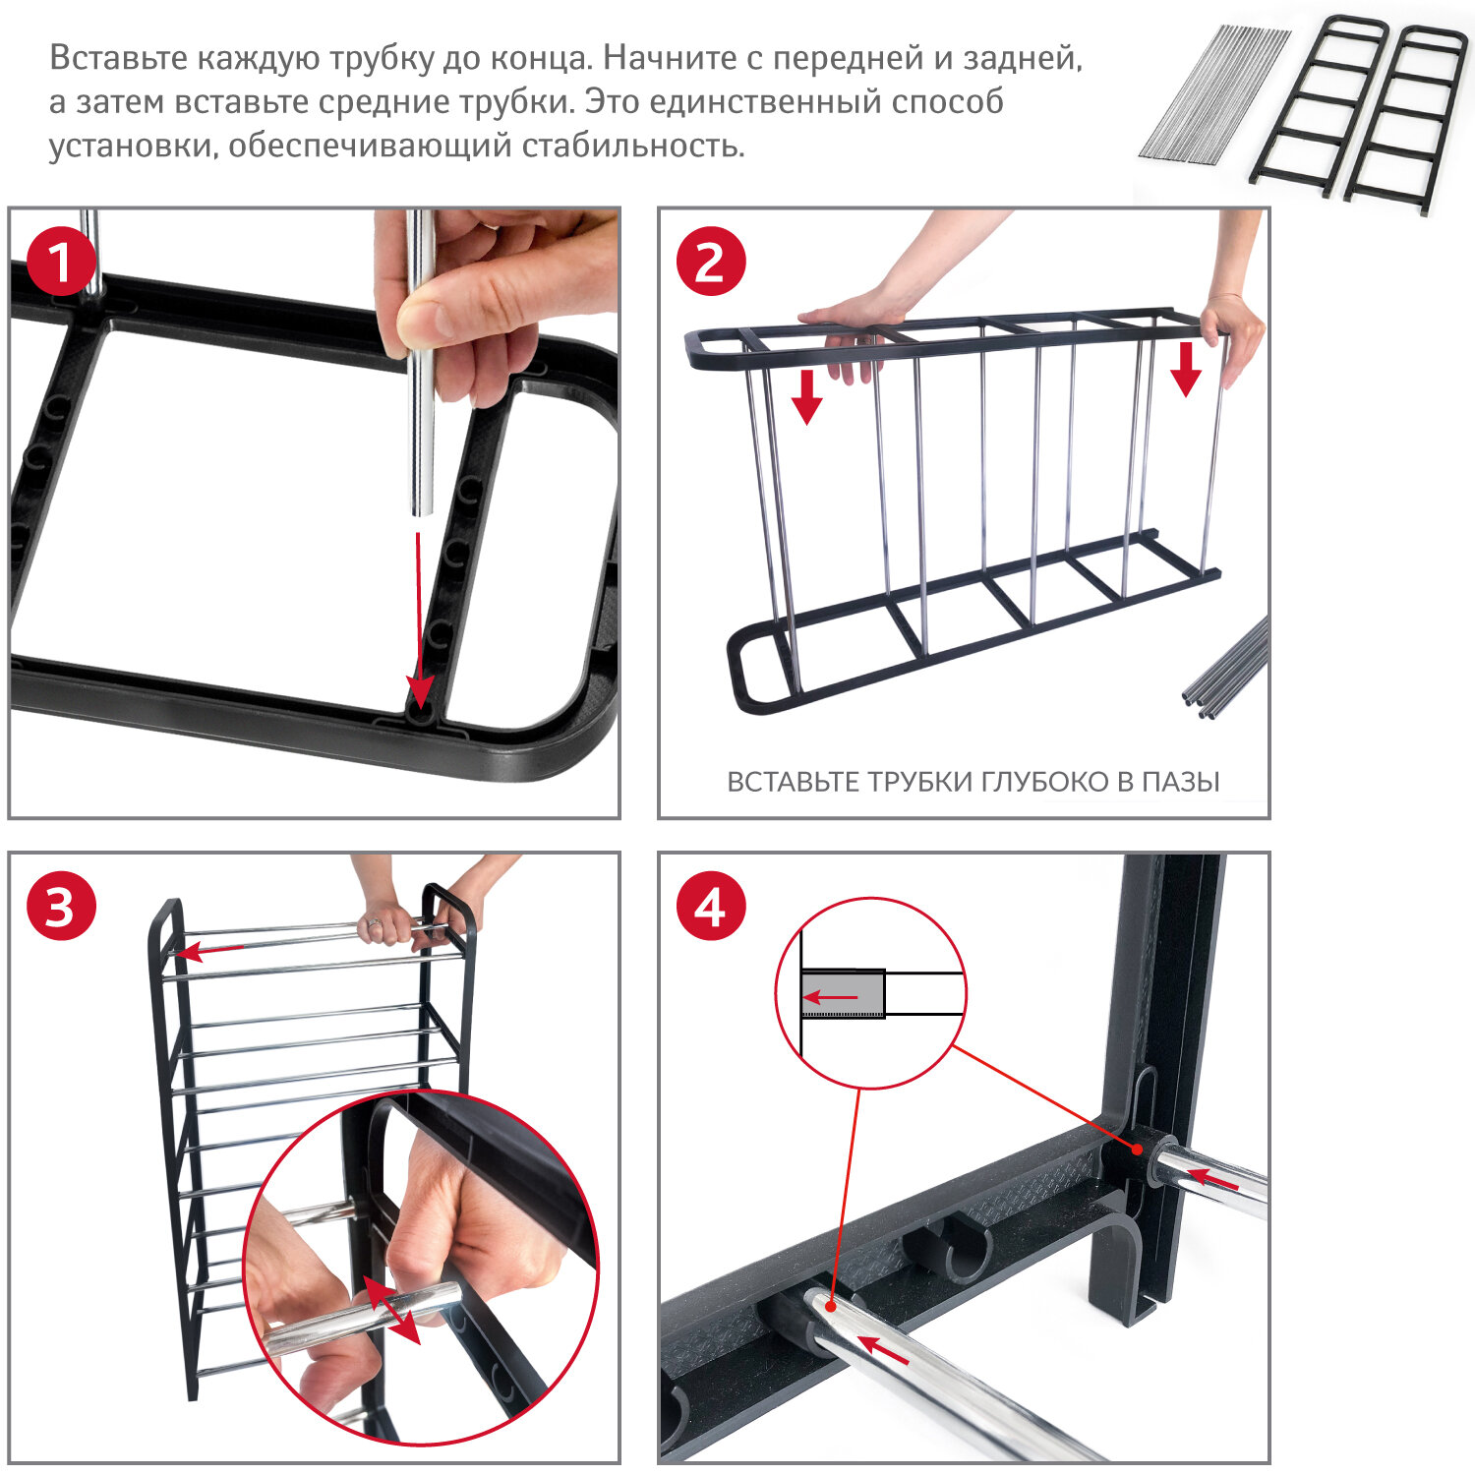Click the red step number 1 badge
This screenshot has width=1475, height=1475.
click(x=60, y=262)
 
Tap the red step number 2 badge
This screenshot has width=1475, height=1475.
click(x=711, y=262)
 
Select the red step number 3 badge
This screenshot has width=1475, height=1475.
click(x=61, y=906)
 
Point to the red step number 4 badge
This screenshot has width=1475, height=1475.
click(x=711, y=906)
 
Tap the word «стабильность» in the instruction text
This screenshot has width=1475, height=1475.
click(x=629, y=146)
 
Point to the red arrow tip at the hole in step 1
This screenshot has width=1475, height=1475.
click(x=421, y=702)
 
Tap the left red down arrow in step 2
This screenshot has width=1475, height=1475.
click(x=806, y=397)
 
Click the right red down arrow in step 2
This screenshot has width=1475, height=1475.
click(x=1186, y=369)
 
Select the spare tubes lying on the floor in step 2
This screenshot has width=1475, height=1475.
click(x=1226, y=666)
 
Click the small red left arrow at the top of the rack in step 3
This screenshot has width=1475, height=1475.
click(x=210, y=950)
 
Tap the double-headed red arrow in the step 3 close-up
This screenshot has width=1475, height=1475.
click(x=392, y=1309)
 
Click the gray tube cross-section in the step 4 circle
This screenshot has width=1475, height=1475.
click(x=843, y=994)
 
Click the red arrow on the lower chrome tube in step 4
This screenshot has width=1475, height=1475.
click(x=882, y=1350)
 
